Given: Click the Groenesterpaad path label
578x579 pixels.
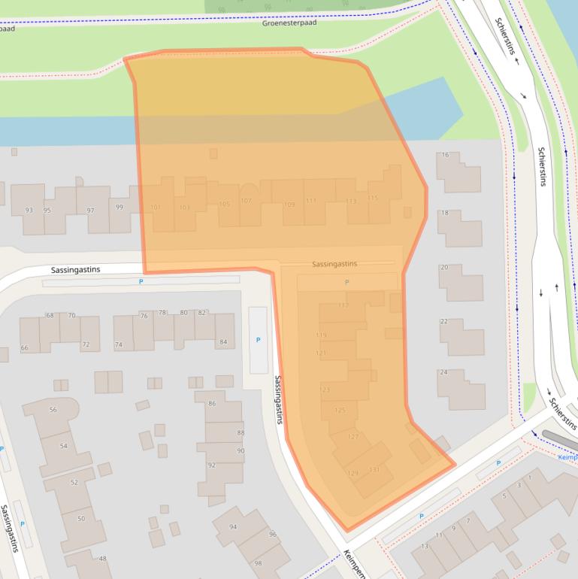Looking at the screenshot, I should pos(289,23).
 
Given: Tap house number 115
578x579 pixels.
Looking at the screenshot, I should pos(374,198).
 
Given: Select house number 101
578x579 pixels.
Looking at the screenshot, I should pos(156,207).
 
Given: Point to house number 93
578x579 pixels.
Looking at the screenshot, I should pos(29,210).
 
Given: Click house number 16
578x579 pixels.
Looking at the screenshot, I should pos(444,155).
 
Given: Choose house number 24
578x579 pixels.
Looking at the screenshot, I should pos(443,372).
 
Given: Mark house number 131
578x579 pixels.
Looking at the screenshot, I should pos(375,470).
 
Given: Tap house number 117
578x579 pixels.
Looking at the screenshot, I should pos(343,305).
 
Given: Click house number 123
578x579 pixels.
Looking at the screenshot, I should pos(325,390).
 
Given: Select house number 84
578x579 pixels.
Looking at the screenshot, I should pos(222,343).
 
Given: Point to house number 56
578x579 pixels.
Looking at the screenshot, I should pos(53,410).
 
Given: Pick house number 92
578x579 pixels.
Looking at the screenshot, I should pos(212,465).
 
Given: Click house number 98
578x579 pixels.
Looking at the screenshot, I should pos(258,563).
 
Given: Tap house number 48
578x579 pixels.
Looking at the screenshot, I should pos(103,558).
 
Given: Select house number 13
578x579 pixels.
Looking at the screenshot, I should pos(425,546).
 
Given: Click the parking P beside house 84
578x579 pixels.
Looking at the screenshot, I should pos(258,340).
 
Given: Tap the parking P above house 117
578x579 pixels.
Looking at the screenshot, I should pos(346,282).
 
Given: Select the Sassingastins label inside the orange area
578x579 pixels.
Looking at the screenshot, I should pos(334,264).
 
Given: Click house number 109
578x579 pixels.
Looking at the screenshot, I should pos(289,205).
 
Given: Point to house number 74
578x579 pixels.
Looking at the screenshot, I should pos(118,344).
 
